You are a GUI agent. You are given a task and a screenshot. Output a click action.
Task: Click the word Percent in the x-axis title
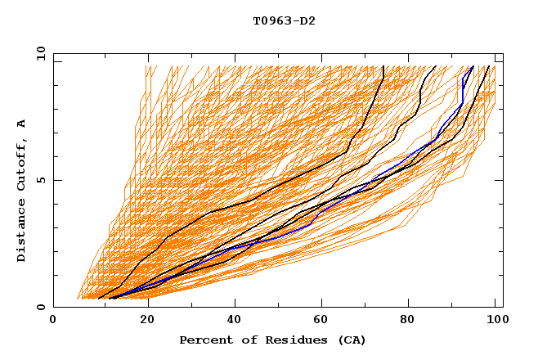(x=205, y=340)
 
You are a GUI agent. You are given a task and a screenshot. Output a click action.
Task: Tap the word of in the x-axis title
(x=248, y=340)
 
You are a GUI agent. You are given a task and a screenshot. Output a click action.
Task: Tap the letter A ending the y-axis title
(x=22, y=124)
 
